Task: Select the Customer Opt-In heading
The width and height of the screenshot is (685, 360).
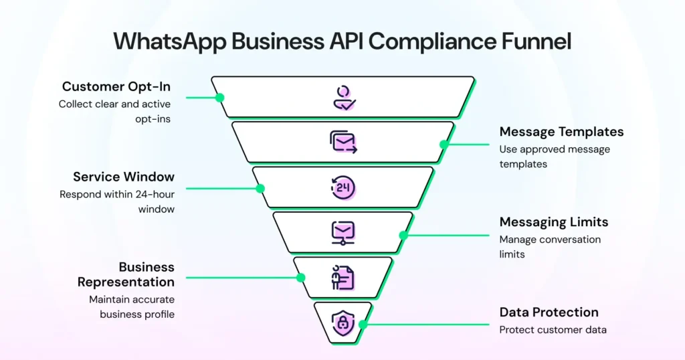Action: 116,86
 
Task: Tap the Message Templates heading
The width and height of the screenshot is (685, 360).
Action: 561,132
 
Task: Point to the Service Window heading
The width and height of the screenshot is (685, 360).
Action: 124,177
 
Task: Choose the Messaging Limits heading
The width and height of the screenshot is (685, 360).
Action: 553,222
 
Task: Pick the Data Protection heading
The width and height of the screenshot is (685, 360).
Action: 549,312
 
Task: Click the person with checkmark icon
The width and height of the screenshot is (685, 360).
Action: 343,98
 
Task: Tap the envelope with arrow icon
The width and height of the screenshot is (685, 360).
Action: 343,142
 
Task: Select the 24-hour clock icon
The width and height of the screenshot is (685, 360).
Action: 343,188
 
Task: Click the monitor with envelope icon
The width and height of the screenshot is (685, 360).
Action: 343,233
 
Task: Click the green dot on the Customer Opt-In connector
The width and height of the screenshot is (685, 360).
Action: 219,97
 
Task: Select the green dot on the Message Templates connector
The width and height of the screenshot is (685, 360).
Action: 444,144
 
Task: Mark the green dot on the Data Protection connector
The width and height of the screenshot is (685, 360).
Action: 363,325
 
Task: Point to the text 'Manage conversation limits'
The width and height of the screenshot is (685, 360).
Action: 550,246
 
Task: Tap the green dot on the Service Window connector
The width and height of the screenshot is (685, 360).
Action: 260,188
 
